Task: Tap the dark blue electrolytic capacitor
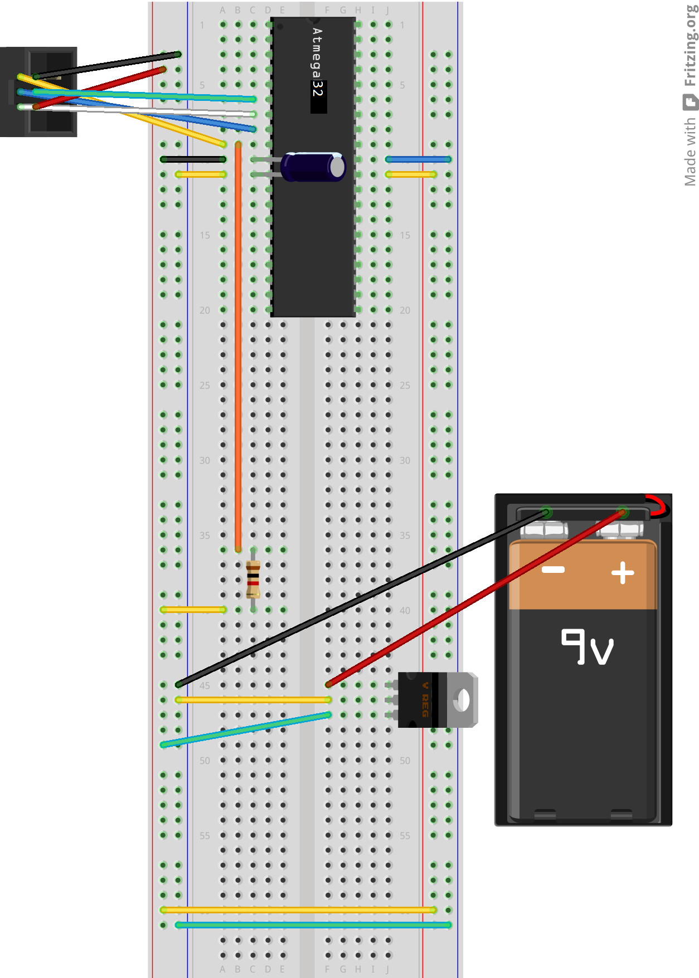pyautogui.click(x=313, y=167)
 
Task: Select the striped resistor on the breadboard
pyautogui.click(x=253, y=579)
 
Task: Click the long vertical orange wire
pyautogui.click(x=238, y=346)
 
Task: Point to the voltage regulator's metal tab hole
pyautogui.click(x=462, y=700)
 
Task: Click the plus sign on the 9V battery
pyautogui.click(x=623, y=573)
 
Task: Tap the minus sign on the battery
pyautogui.click(x=554, y=570)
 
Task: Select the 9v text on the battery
pyautogui.click(x=587, y=647)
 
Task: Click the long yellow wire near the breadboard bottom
pyautogui.click(x=298, y=910)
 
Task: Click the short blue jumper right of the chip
pyautogui.click(x=419, y=159)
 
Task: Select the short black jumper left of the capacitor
pyautogui.click(x=193, y=159)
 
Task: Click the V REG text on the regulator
pyautogui.click(x=425, y=699)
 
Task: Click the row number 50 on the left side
pyautogui.click(x=205, y=761)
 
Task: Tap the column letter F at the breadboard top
pyautogui.click(x=327, y=10)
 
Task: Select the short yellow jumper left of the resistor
pyautogui.click(x=193, y=610)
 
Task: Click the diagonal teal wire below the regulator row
pyautogui.click(x=245, y=729)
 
